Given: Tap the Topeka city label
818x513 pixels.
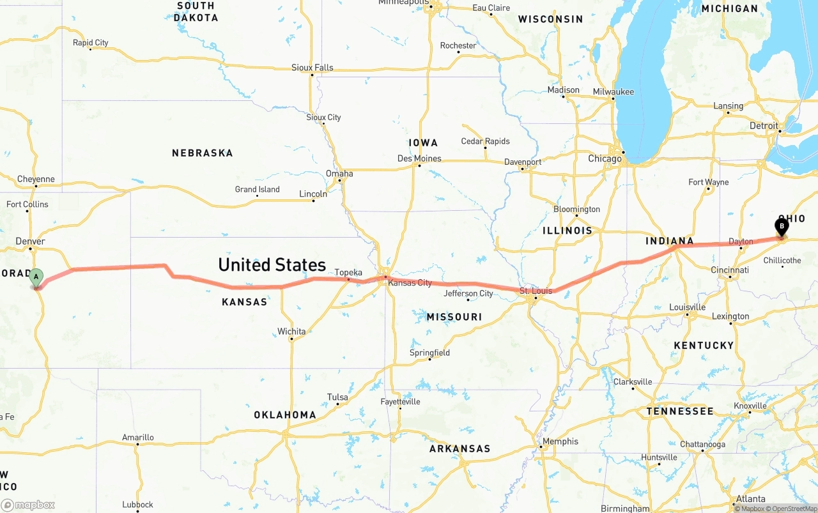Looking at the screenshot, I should [x=348, y=273].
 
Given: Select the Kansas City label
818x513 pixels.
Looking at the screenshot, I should [x=410, y=283].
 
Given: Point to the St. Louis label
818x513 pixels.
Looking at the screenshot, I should [x=536, y=291].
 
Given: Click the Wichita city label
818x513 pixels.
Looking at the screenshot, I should [x=291, y=332].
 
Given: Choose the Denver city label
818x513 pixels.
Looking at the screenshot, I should [x=31, y=241].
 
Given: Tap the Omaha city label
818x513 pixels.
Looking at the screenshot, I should [x=339, y=174].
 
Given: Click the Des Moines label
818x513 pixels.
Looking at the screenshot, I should [x=419, y=158].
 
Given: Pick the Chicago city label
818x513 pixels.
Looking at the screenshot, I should [x=605, y=158].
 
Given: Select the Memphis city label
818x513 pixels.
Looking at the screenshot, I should [x=560, y=441].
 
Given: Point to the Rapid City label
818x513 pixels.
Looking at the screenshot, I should [x=91, y=43].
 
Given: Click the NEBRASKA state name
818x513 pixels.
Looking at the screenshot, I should [x=202, y=153].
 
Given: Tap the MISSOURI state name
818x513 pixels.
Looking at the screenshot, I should [x=454, y=317].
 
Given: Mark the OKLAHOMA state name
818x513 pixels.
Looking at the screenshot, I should [x=285, y=415].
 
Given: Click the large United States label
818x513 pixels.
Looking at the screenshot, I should [x=272, y=264].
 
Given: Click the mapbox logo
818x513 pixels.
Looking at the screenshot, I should [x=28, y=505].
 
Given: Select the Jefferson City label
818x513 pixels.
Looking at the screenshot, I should [x=468, y=294].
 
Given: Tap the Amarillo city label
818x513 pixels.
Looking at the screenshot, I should [x=138, y=438].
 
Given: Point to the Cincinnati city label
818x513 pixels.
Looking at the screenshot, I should [x=730, y=270].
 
